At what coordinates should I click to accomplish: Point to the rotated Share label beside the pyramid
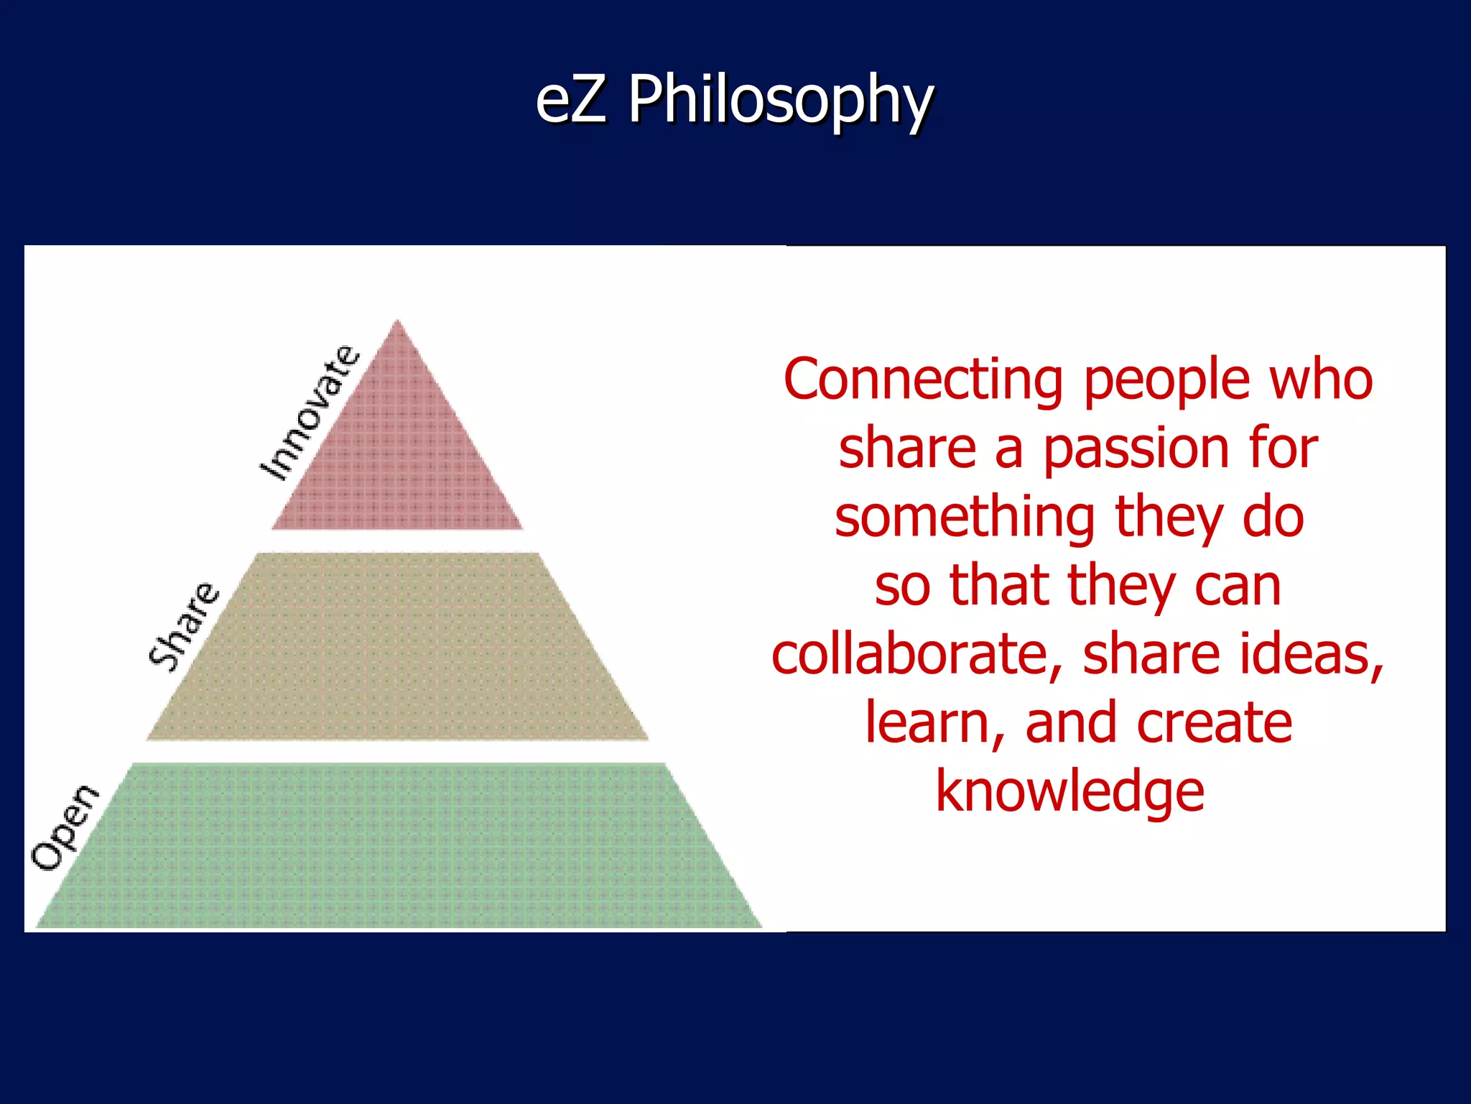click(x=183, y=626)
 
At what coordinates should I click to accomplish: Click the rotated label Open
click(x=64, y=827)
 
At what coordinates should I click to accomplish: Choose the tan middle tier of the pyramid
click(x=397, y=647)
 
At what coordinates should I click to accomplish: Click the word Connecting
click(x=923, y=380)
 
